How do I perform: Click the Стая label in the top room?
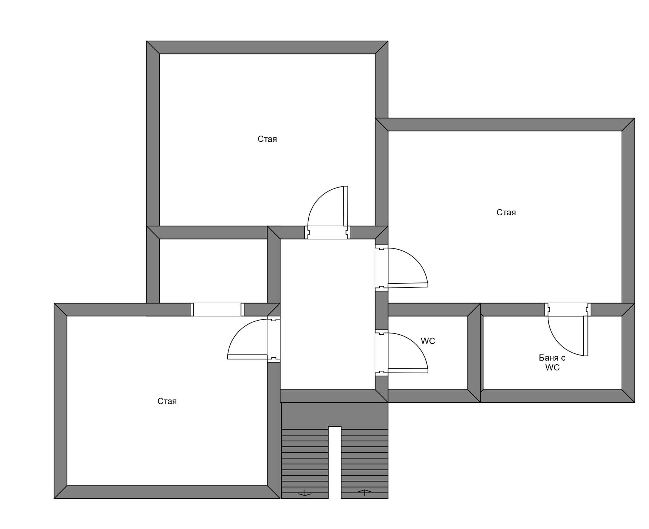267,139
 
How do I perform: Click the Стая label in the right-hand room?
506,212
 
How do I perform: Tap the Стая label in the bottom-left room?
167,401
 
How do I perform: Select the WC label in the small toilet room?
428,341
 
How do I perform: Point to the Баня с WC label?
552,362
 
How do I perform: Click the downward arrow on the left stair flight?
305,493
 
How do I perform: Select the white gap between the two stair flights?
335,463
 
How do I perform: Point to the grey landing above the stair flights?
334,415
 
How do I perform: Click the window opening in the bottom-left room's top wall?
217,310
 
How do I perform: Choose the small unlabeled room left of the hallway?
213,271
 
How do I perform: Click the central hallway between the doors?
328,314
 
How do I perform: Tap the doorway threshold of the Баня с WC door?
568,310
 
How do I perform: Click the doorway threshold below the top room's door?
328,233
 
